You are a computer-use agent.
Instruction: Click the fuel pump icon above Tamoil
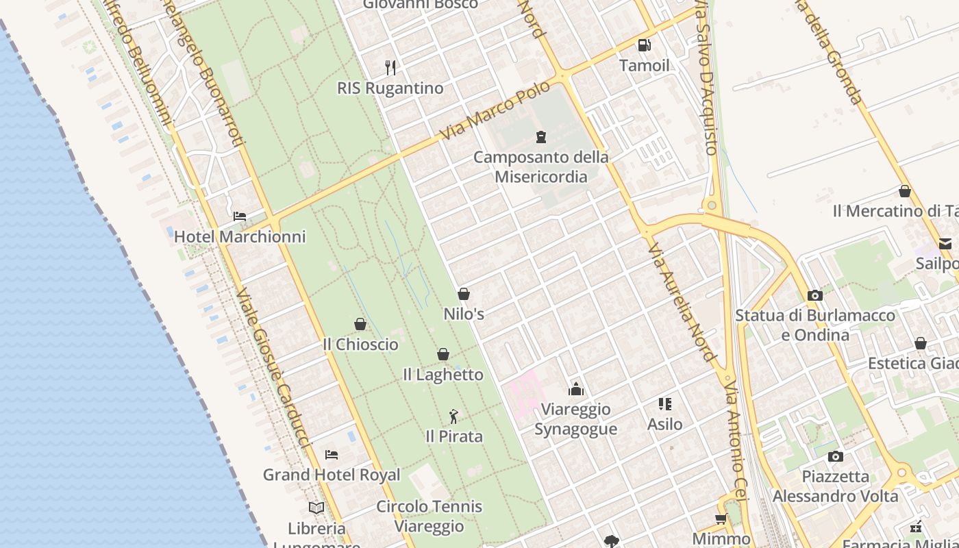[644, 45]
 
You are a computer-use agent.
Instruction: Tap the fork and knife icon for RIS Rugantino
[390, 67]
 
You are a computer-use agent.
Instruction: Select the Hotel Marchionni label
[240, 236]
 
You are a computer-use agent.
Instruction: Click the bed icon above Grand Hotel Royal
[332, 454]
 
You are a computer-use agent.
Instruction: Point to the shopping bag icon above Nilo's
[464, 294]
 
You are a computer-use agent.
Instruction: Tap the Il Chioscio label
[360, 344]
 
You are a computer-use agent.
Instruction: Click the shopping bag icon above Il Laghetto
[443, 354]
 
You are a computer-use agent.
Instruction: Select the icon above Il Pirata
[453, 416]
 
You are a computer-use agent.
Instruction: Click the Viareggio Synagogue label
[575, 419]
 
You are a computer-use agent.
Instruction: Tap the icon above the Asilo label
[665, 404]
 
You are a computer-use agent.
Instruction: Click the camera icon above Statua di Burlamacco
[815, 295]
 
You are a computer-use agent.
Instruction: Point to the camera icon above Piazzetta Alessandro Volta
[835, 456]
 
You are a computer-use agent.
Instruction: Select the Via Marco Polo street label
[495, 111]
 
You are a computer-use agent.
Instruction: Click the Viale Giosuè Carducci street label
[273, 369]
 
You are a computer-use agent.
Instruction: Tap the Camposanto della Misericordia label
[541, 166]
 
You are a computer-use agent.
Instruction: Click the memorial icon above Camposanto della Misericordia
[541, 137]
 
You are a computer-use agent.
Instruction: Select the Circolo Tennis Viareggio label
[429, 516]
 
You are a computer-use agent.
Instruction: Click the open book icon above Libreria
[316, 508]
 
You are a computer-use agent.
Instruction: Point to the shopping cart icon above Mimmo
[721, 519]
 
